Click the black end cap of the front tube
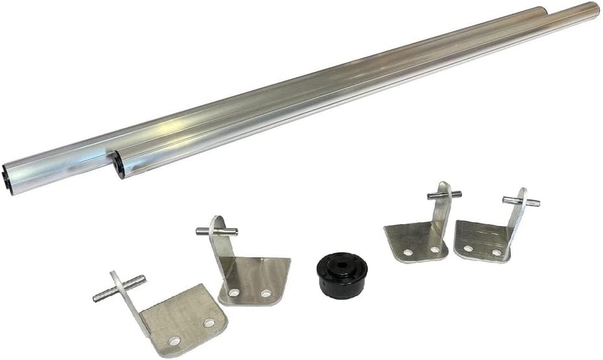click(x=118, y=164)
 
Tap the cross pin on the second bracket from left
click(x=217, y=231)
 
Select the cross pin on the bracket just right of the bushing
click(x=444, y=194)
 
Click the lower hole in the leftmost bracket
click(x=174, y=341)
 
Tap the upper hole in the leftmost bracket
click(x=209, y=322)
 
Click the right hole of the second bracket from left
click(x=266, y=293)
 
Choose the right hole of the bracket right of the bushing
click(x=435, y=249)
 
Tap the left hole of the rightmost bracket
click(x=468, y=247)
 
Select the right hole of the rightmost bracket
click(x=496, y=253)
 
